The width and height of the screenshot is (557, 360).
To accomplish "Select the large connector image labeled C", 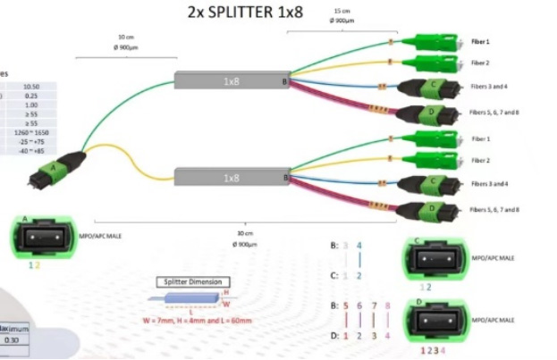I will point(435,258).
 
